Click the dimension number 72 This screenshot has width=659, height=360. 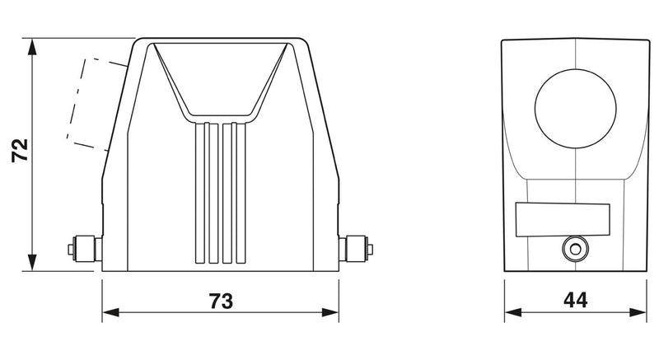tap(20, 150)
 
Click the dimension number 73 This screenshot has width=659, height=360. tap(221, 301)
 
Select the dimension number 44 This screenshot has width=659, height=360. tap(575, 300)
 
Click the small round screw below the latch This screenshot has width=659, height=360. tap(575, 249)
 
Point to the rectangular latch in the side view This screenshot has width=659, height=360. tap(563, 220)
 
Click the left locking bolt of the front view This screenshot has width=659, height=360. tap(85, 249)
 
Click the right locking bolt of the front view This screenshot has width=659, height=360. tap(356, 249)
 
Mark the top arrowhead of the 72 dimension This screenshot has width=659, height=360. tap(31, 47)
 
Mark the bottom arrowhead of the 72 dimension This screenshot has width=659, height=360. tap(31, 262)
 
